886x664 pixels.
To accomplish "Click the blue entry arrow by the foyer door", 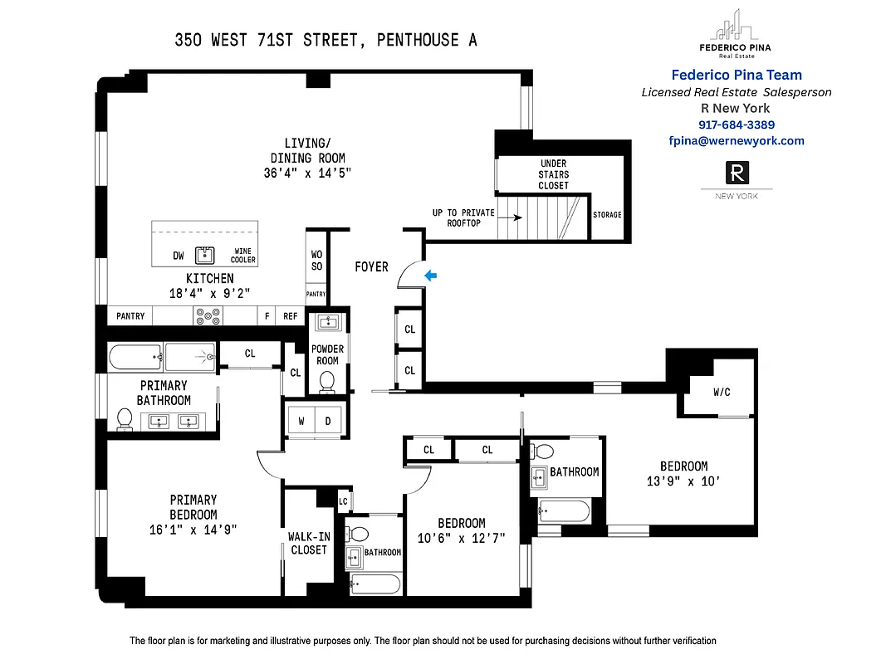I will (x=429, y=275).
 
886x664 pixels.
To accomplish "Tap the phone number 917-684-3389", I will (x=737, y=124).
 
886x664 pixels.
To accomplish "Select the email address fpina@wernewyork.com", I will (x=737, y=140).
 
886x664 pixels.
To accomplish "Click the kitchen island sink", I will (x=204, y=256).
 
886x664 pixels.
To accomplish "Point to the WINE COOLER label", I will (x=242, y=256).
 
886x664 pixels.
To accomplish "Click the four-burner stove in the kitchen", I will (x=208, y=315).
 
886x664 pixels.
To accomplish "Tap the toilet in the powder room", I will (x=327, y=381).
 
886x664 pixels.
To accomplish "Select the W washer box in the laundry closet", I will (x=301, y=421).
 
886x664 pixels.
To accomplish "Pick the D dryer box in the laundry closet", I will (x=327, y=421).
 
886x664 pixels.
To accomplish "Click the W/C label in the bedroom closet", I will (x=722, y=392).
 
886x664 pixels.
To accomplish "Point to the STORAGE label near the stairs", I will (x=607, y=215).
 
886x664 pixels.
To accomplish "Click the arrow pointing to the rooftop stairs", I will (x=511, y=218).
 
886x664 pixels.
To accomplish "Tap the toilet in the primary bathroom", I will (x=124, y=420).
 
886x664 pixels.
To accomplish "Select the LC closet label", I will (x=343, y=500).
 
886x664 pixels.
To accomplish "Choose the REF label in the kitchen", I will (x=290, y=316).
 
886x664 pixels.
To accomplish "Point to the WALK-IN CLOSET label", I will (x=308, y=543).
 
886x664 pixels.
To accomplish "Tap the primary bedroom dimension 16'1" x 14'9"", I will (x=193, y=530).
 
